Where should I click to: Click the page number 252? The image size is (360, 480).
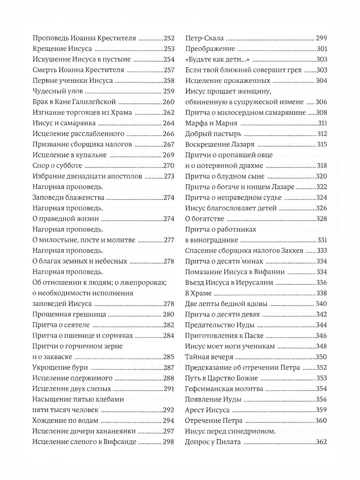[169, 39]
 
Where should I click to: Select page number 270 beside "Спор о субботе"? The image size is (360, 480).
[169, 166]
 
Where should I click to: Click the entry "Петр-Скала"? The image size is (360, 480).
[204, 39]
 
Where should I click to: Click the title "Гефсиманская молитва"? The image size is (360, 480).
[224, 389]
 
